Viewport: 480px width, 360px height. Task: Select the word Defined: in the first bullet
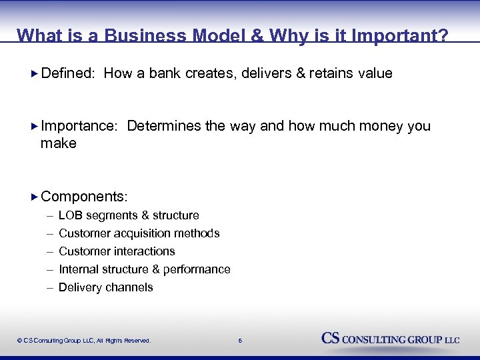67,73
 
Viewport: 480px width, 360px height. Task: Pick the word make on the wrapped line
59,143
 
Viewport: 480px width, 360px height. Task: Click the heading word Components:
84,197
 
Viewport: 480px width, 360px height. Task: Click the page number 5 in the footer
241,341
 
